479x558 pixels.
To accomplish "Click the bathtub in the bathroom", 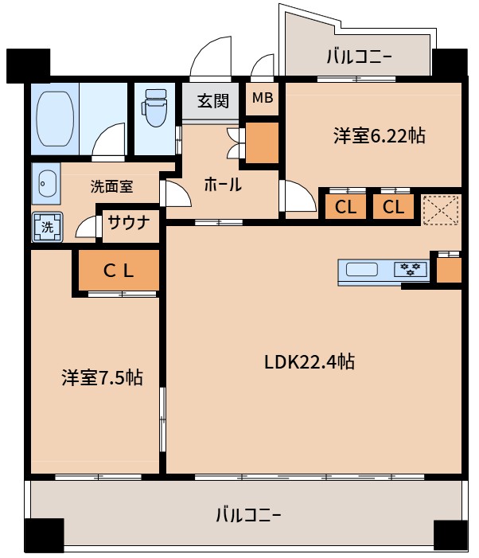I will click(55, 119).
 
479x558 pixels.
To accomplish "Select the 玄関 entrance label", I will click(212, 101).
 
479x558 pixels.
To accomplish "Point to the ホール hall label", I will click(223, 185).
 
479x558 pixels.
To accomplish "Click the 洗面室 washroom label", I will click(111, 187).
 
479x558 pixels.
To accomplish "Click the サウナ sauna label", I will click(128, 223).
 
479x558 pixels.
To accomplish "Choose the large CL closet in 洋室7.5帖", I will click(118, 271).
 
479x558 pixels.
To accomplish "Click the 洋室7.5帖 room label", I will click(102, 377).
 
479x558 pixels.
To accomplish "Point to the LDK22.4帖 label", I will click(310, 361).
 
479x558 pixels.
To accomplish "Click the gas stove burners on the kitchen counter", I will click(411, 270).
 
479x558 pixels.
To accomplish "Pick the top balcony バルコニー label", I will click(359, 57).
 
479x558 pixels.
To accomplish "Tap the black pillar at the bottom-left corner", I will click(43, 535).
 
